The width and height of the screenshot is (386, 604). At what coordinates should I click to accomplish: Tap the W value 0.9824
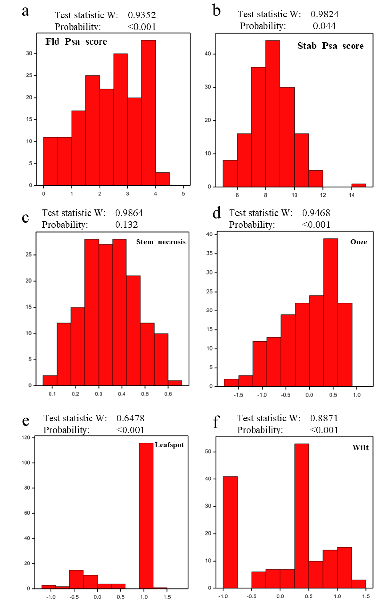point(324,14)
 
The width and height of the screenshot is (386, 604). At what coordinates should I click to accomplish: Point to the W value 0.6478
point(130,418)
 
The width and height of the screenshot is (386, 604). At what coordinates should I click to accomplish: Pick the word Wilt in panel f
point(360,448)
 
